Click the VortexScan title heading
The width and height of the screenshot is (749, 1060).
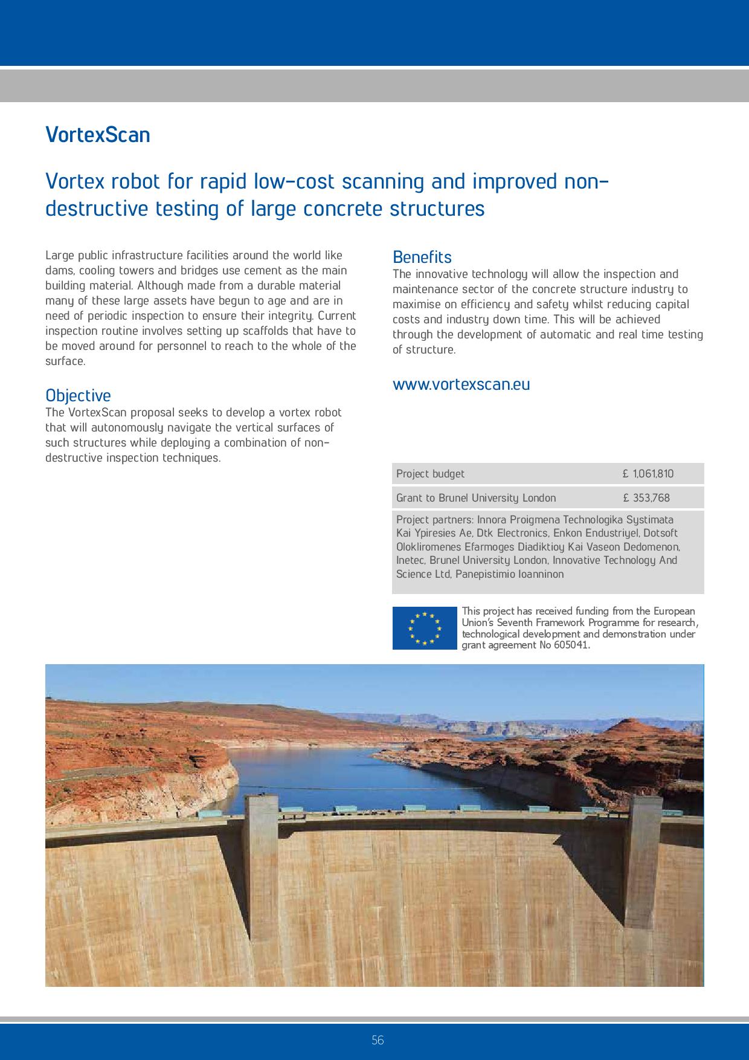pyautogui.click(x=98, y=135)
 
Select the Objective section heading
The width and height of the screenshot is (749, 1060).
pyautogui.click(x=78, y=396)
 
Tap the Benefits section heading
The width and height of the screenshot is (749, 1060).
pyautogui.click(x=422, y=257)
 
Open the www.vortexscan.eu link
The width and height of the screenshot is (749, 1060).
pyautogui.click(x=461, y=385)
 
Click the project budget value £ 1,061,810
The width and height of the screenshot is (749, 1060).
pyautogui.click(x=648, y=474)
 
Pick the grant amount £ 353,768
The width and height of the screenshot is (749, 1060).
pyautogui.click(x=646, y=498)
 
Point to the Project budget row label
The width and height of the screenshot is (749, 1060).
pyautogui.click(x=430, y=474)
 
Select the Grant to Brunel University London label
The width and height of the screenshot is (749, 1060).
pyautogui.click(x=476, y=498)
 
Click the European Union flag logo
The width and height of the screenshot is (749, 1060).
pyautogui.click(x=425, y=628)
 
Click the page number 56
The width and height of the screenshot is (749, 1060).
pyautogui.click(x=378, y=1040)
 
